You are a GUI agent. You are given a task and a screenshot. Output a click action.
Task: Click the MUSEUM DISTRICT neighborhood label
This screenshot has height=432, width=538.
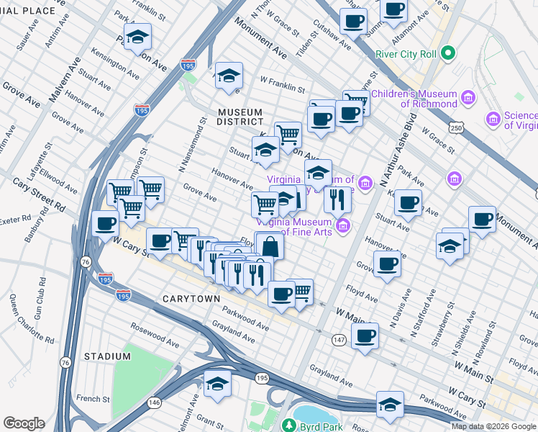pyautogui.click(x=240, y=117)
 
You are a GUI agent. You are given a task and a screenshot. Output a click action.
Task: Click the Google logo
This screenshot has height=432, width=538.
pyautogui.click(x=24, y=423)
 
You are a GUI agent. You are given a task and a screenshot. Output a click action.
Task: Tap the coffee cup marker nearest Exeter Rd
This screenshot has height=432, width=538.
pyautogui.click(x=106, y=224)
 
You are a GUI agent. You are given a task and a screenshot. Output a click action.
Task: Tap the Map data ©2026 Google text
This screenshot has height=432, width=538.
pyautogui.click(x=493, y=426)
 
